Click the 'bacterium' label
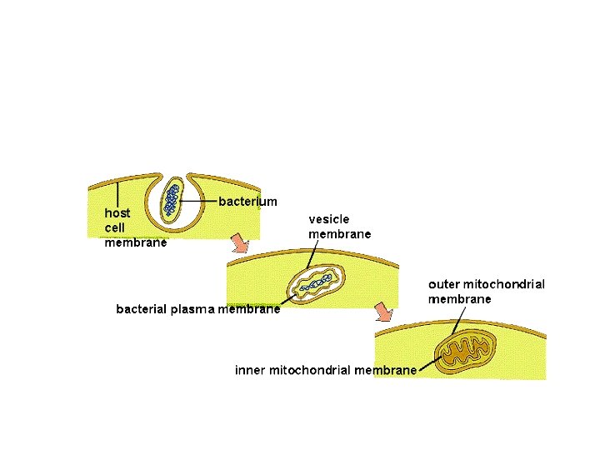coord(247,202)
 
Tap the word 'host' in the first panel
coord(117,212)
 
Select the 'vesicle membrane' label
coord(339,227)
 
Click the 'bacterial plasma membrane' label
coord(197,310)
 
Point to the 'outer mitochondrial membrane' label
coord(487,291)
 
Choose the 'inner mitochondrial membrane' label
coord(325,370)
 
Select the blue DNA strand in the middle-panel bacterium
coord(313,285)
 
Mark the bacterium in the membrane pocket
coord(172,199)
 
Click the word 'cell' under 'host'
coord(115,227)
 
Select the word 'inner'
coord(250,370)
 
